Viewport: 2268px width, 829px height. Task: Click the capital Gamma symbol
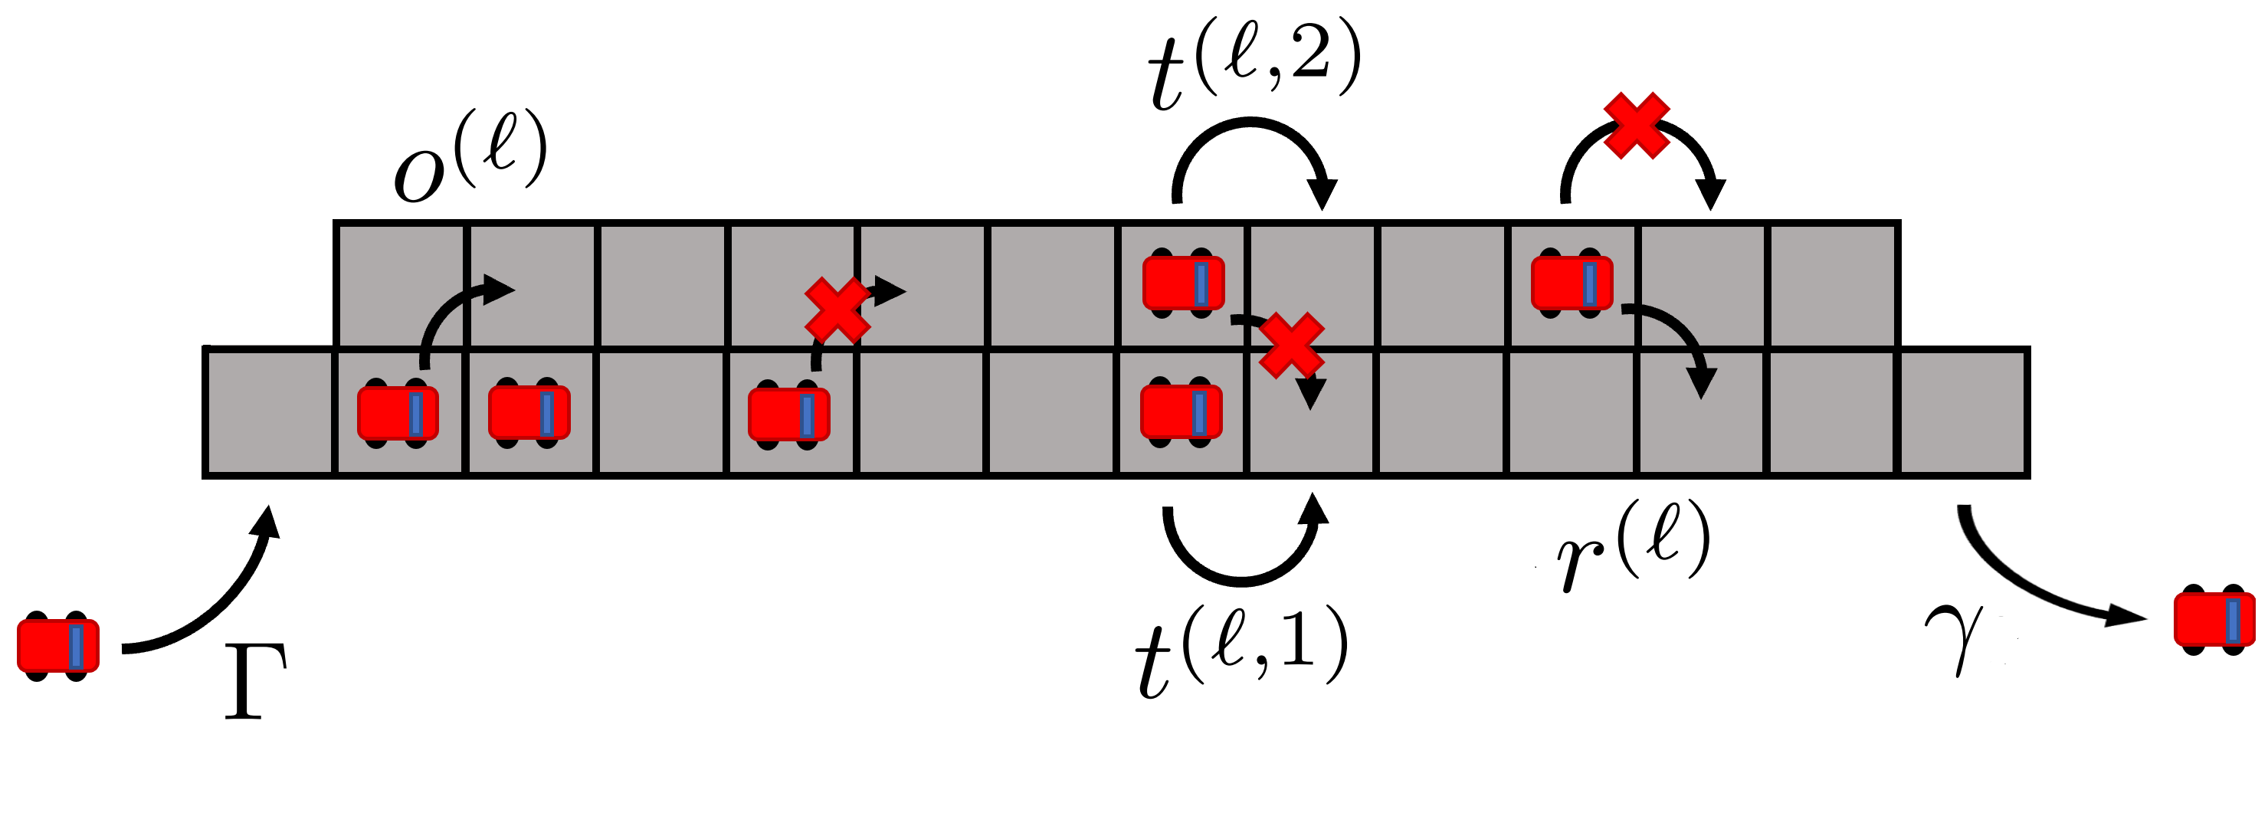254,683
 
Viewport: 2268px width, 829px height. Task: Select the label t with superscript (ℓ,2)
1254,66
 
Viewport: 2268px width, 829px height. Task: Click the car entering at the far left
58,646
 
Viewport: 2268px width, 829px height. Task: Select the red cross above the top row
1636,126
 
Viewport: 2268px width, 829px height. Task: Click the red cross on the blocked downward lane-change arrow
1291,346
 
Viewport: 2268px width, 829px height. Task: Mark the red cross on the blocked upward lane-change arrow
837,310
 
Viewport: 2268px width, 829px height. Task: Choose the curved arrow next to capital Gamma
211,598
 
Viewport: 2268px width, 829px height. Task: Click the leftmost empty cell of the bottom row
268,413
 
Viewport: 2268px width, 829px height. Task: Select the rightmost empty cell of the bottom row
1963,413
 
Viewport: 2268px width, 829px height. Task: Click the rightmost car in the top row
1572,283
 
